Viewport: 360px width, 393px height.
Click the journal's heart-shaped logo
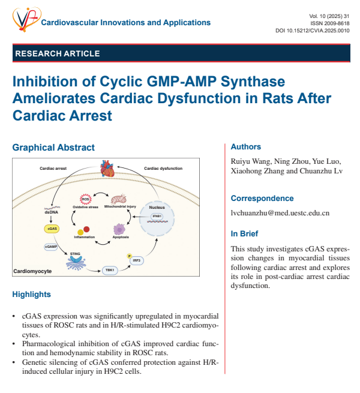point(26,19)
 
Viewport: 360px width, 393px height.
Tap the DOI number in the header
point(313,31)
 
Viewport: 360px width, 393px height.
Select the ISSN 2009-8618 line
point(329,23)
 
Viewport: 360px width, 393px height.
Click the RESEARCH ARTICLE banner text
point(58,53)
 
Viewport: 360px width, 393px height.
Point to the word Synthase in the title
point(253,82)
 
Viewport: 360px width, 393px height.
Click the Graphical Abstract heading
point(53,148)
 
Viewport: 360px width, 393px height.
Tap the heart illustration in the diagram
point(107,169)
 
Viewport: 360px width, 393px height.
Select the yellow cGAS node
point(52,229)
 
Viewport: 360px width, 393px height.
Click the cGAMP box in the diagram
point(51,247)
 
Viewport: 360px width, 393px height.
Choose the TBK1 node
point(110,270)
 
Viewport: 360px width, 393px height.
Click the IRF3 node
point(137,260)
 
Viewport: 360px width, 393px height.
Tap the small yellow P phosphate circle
point(130,256)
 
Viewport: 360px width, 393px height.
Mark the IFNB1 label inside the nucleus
point(157,216)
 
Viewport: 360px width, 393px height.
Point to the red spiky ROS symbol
point(85,199)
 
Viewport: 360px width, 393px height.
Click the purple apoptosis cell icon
point(119,229)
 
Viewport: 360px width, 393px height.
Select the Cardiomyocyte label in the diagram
point(32,271)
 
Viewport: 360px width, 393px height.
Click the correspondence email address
point(280,213)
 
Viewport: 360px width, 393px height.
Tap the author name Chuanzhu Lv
point(321,170)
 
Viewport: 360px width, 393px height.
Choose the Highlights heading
point(32,294)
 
